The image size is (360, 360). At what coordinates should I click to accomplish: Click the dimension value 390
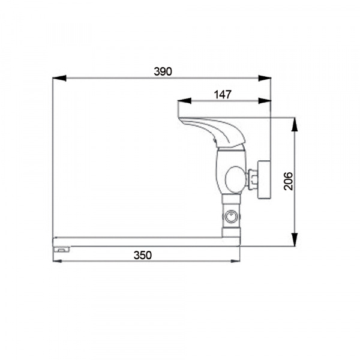pos(163,71)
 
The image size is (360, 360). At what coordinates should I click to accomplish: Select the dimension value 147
pos(223,94)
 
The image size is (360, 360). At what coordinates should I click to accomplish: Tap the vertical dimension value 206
pos(288,181)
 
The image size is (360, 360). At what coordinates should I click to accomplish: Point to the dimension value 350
pos(143,255)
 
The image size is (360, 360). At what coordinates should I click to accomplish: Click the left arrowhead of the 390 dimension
pos(59,78)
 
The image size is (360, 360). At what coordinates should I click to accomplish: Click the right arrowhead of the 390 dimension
pos(265,78)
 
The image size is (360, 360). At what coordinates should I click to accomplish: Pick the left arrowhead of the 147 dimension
pos(184,101)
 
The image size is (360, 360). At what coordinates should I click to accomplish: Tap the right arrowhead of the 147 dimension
pos(265,101)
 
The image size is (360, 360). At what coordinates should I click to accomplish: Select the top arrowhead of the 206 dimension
pos(295,124)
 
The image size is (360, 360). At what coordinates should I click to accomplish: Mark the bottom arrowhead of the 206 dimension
pos(295,239)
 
